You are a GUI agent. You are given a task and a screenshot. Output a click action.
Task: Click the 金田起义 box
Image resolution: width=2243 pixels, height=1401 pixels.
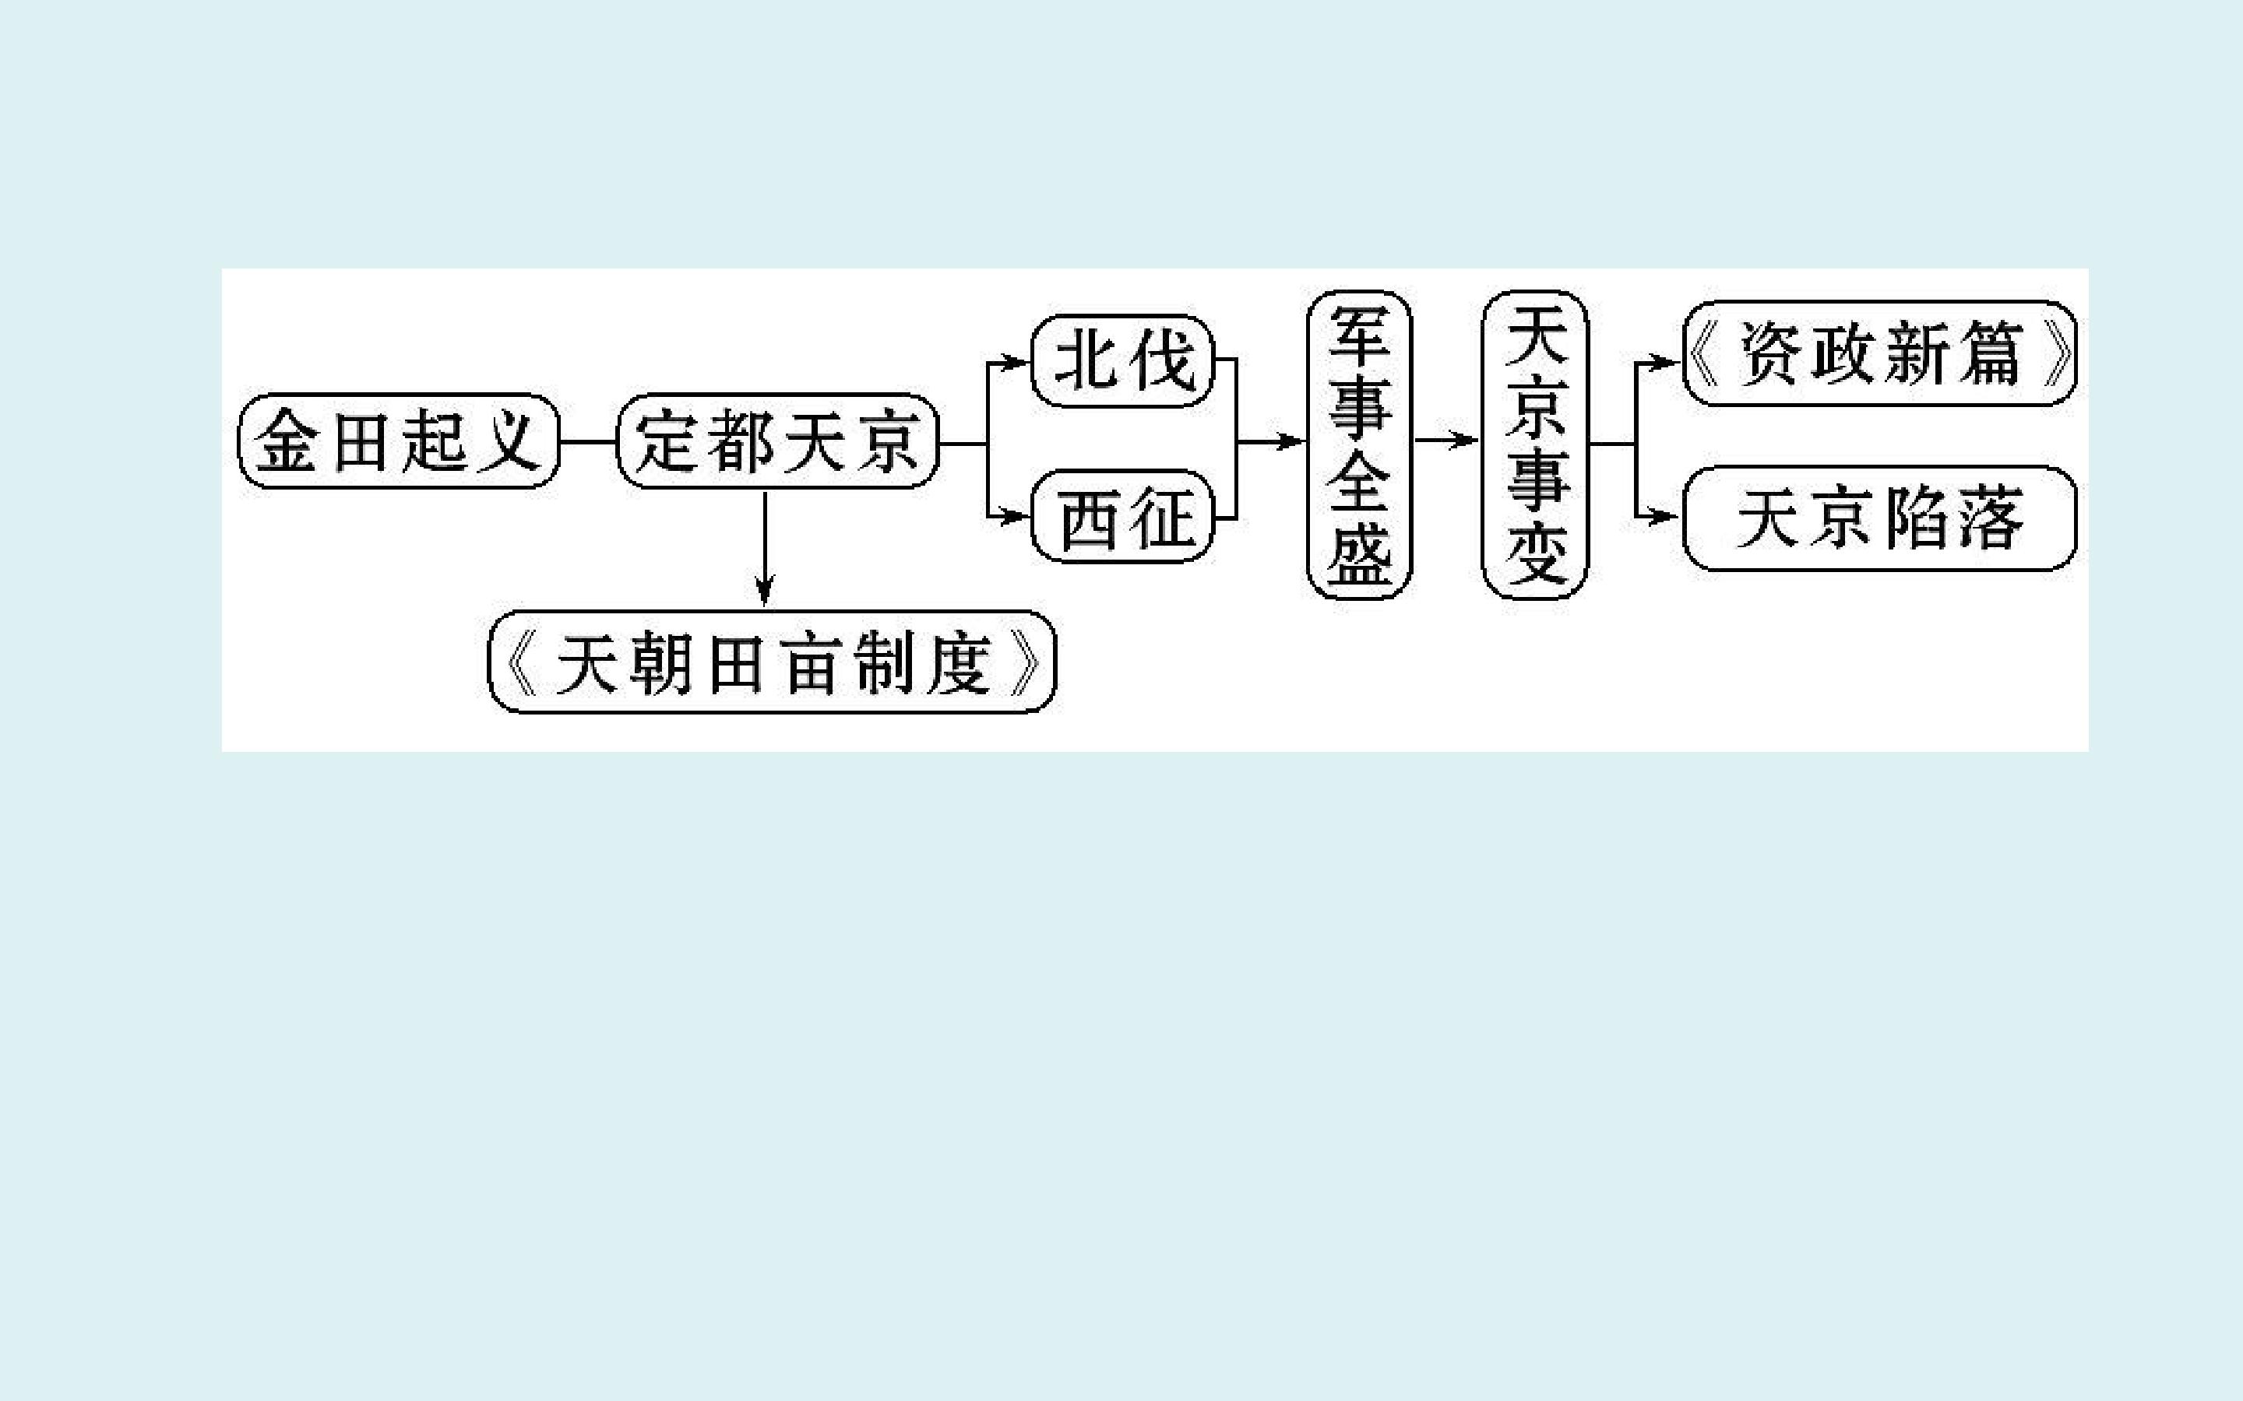coord(400,441)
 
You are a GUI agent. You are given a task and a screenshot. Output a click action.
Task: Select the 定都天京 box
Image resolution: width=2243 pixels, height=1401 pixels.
coord(777,441)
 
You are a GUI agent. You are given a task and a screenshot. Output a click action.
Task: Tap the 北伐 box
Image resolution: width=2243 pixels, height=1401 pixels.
coord(1123,360)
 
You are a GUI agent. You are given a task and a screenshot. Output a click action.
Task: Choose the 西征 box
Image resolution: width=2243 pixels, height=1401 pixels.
coord(1123,516)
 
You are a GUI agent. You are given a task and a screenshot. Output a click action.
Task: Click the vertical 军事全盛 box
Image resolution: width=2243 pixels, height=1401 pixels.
coord(1359,444)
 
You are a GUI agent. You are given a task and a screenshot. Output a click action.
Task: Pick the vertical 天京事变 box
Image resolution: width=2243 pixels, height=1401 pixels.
coord(1536,444)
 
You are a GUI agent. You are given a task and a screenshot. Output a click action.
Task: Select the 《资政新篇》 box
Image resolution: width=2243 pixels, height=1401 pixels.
coord(1879,353)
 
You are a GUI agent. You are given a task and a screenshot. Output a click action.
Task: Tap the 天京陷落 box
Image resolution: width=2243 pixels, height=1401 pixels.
coord(1879,518)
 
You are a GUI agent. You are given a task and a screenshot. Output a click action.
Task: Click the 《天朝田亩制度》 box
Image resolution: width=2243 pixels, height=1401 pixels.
coord(772,662)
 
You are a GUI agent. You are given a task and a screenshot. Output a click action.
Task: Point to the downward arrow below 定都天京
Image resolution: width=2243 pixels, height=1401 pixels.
coord(765,549)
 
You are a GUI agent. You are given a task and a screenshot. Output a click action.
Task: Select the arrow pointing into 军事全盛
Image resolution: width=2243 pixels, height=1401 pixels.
coord(1272,441)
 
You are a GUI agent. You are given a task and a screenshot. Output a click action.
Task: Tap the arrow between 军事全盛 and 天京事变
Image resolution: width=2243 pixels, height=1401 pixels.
coord(1447,440)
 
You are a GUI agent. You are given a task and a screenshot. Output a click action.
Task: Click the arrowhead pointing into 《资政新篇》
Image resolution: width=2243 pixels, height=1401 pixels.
coord(1668,362)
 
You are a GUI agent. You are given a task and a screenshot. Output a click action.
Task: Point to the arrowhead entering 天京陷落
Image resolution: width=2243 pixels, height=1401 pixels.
coord(1668,516)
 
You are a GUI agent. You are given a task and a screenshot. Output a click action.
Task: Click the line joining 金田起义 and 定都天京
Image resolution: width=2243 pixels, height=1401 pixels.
coord(589,442)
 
